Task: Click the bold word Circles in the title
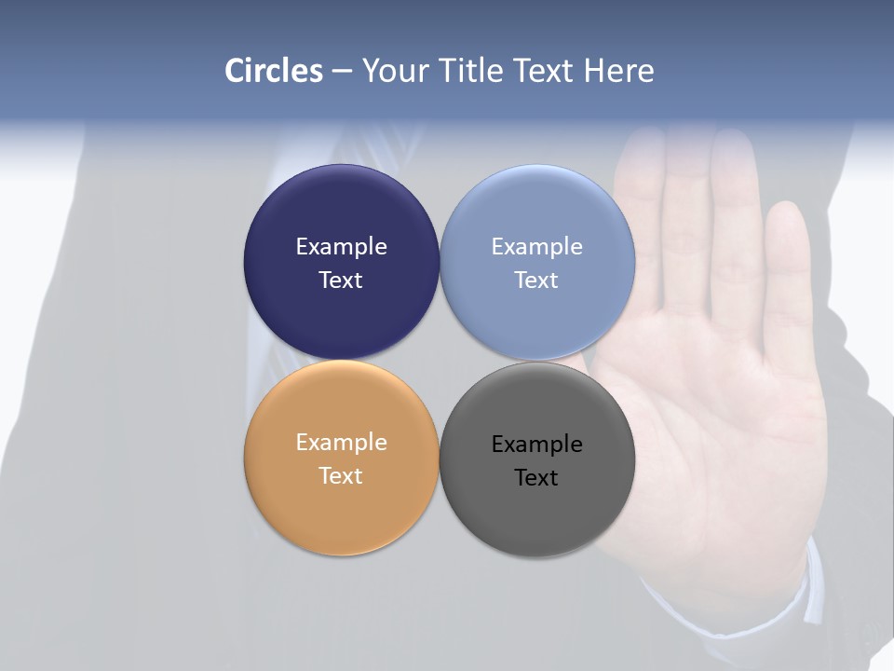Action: point(273,71)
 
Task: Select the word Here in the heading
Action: point(618,71)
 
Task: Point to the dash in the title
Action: point(342,72)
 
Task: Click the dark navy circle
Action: point(341,214)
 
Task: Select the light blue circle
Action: point(537,214)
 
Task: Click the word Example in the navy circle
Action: point(341,247)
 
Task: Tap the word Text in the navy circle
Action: point(341,281)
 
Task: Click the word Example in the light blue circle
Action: point(537,247)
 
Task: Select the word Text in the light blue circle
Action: point(537,281)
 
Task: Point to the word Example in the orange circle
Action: point(341,443)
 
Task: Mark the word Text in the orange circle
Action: point(341,476)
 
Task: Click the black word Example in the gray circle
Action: point(537,445)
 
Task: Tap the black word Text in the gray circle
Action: point(537,478)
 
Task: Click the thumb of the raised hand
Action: point(788,280)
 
